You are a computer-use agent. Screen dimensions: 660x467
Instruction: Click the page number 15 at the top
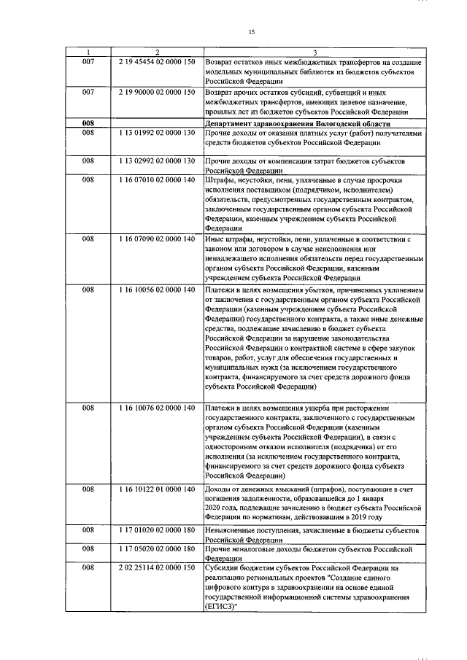[x=251, y=32]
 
